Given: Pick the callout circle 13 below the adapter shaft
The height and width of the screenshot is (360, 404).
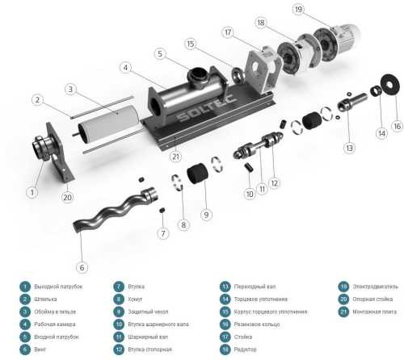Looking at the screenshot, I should [x=349, y=148].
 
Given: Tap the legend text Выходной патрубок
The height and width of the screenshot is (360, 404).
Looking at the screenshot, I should [x=58, y=286].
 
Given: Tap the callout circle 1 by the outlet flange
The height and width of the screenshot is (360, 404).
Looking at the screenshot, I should [x=32, y=192].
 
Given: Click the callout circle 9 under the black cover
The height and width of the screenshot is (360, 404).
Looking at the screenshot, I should [x=207, y=215].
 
